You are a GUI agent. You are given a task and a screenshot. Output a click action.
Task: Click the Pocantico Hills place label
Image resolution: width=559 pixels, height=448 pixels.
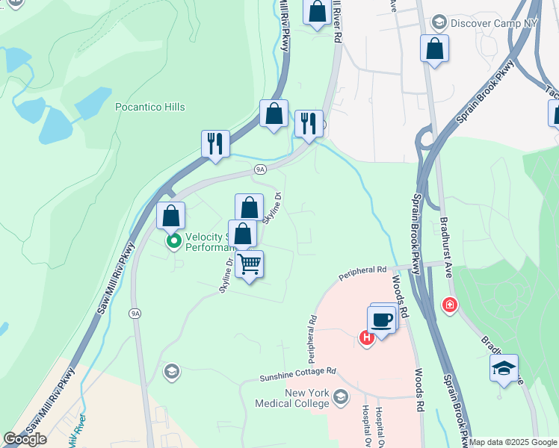pos(149,108)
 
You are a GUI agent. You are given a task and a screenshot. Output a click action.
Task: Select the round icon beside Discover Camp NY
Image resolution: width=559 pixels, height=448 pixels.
pos(439,22)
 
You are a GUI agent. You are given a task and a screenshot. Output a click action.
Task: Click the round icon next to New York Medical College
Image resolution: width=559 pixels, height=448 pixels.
pos(342,395)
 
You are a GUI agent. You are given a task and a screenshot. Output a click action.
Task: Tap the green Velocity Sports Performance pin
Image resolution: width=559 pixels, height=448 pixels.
pos(174,241)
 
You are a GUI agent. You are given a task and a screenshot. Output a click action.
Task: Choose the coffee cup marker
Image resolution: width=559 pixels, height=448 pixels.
pos(381,320)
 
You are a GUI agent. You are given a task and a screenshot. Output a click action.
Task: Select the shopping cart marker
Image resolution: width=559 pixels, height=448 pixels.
pos(249,263)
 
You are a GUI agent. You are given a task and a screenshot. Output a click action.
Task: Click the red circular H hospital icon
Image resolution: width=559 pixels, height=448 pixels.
pos(366,338)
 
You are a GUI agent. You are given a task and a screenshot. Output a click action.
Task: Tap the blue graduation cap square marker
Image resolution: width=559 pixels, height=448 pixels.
pos(504,367)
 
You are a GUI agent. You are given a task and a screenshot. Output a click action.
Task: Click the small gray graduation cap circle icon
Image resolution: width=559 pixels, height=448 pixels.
pos(172,372)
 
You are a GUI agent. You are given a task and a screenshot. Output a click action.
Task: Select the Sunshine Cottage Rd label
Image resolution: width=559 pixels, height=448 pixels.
pos(298,372)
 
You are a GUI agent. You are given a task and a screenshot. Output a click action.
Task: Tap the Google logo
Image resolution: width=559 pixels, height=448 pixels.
pos(25,439)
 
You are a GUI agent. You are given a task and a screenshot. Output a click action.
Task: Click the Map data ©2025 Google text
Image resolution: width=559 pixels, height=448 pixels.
pos(513,442)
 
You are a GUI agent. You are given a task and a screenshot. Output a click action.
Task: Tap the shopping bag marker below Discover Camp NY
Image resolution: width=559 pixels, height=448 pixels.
pos(434,49)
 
